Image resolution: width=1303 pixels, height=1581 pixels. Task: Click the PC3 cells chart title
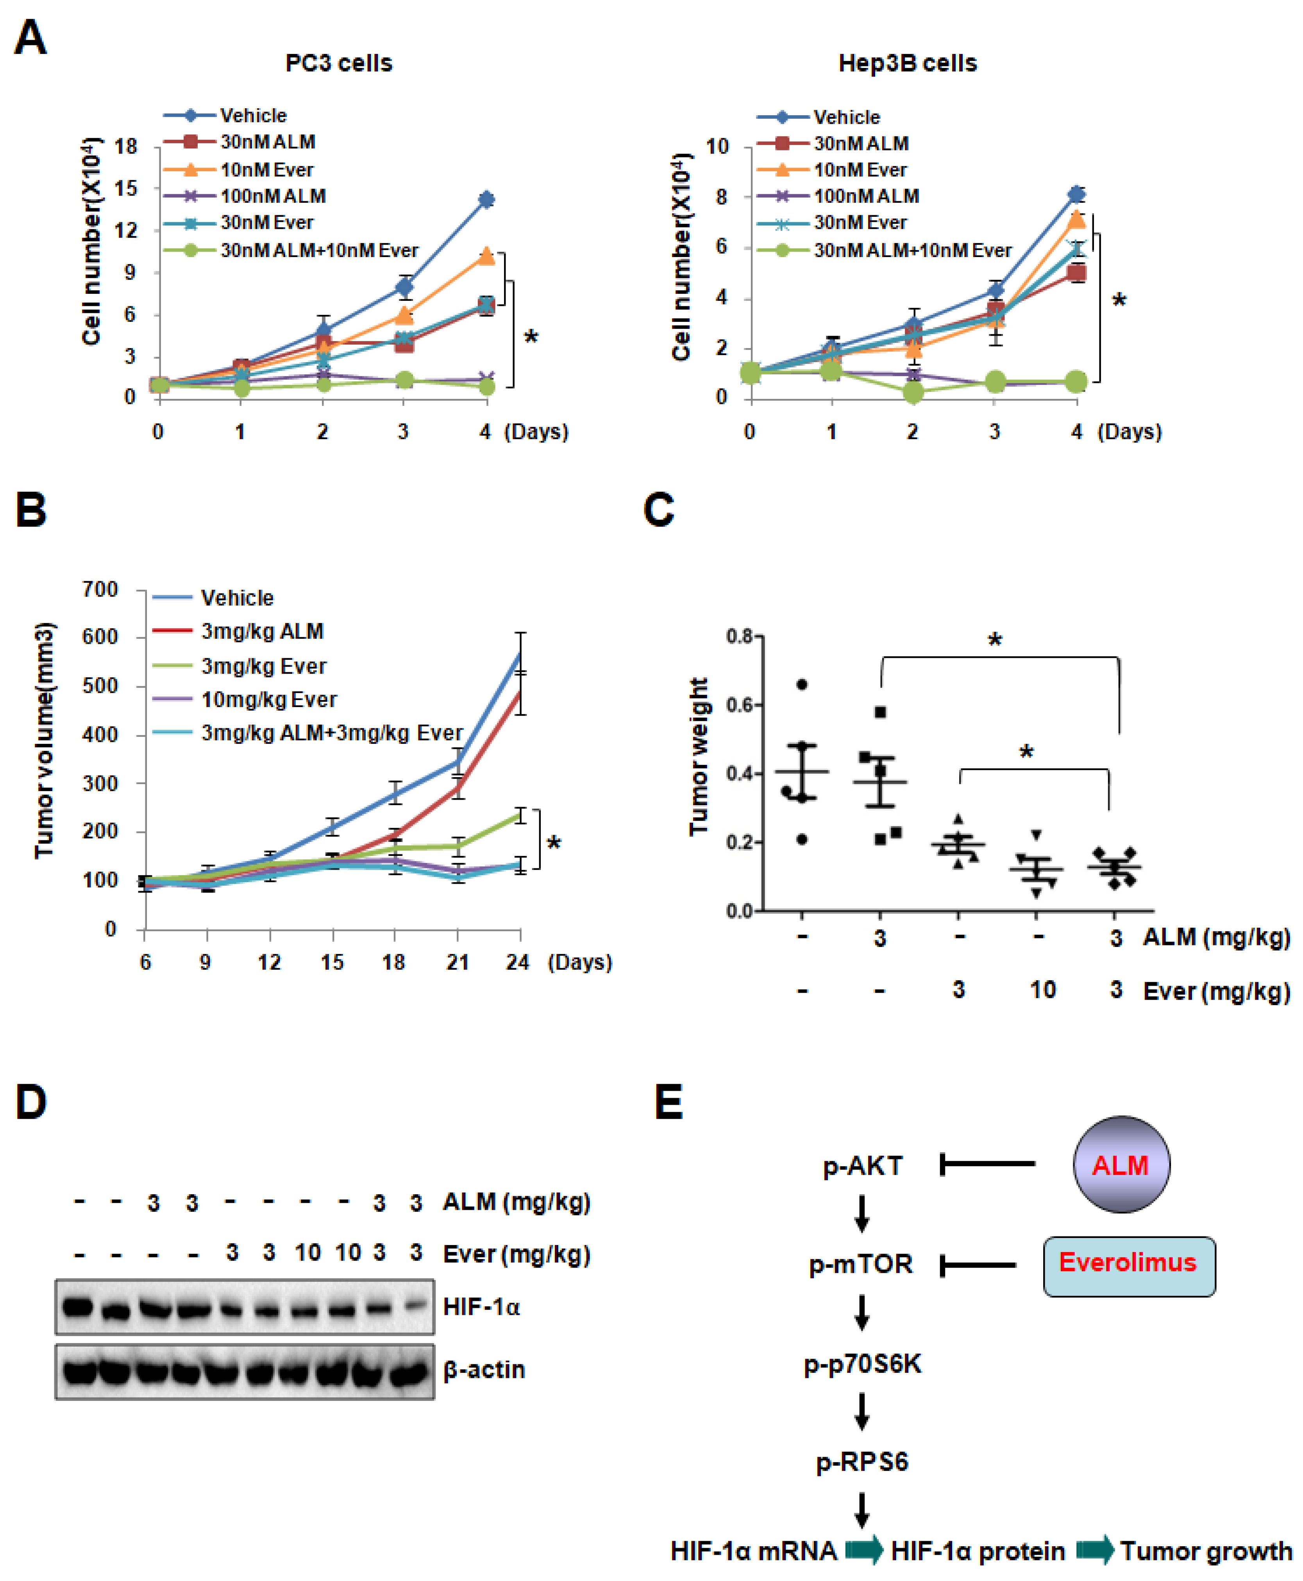pos(338,63)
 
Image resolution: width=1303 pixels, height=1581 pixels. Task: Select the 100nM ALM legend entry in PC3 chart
pos(272,196)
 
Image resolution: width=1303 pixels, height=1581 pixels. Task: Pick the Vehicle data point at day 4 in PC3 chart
pos(486,200)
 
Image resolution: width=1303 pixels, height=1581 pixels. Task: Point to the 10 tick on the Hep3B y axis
pos(717,146)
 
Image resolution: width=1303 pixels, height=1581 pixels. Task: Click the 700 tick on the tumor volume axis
pos(100,590)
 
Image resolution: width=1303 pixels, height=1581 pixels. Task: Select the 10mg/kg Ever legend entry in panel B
pos(269,699)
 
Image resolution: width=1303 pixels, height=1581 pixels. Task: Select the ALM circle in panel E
pos(1121,1165)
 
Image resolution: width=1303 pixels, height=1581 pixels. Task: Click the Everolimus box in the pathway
pos(1128,1263)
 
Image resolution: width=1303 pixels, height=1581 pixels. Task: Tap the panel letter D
pos(31,1103)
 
